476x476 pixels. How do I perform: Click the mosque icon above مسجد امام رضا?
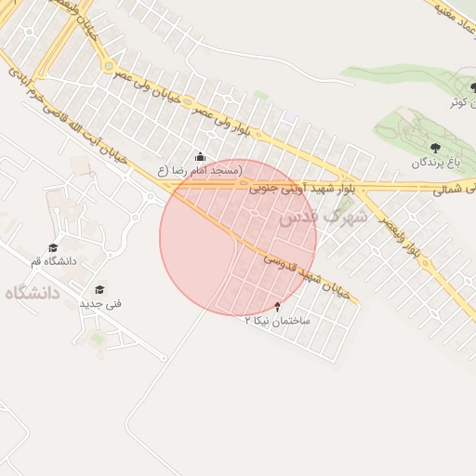(x=200, y=156)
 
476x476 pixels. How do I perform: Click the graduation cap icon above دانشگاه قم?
(x=53, y=247)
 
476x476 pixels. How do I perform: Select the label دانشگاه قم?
(x=54, y=261)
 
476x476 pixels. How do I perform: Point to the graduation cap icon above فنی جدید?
(x=99, y=289)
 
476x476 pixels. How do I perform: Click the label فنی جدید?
(x=100, y=303)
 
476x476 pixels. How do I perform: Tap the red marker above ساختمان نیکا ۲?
(x=277, y=306)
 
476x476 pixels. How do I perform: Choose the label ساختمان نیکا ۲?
(x=276, y=320)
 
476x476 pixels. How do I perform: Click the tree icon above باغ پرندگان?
(x=435, y=147)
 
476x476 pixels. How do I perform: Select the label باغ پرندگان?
(x=436, y=162)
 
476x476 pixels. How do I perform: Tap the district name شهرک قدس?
(x=322, y=217)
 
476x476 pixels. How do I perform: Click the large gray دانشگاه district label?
(x=32, y=293)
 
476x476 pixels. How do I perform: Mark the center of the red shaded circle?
(x=238, y=238)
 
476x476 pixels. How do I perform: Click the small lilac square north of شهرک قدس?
(x=290, y=118)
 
